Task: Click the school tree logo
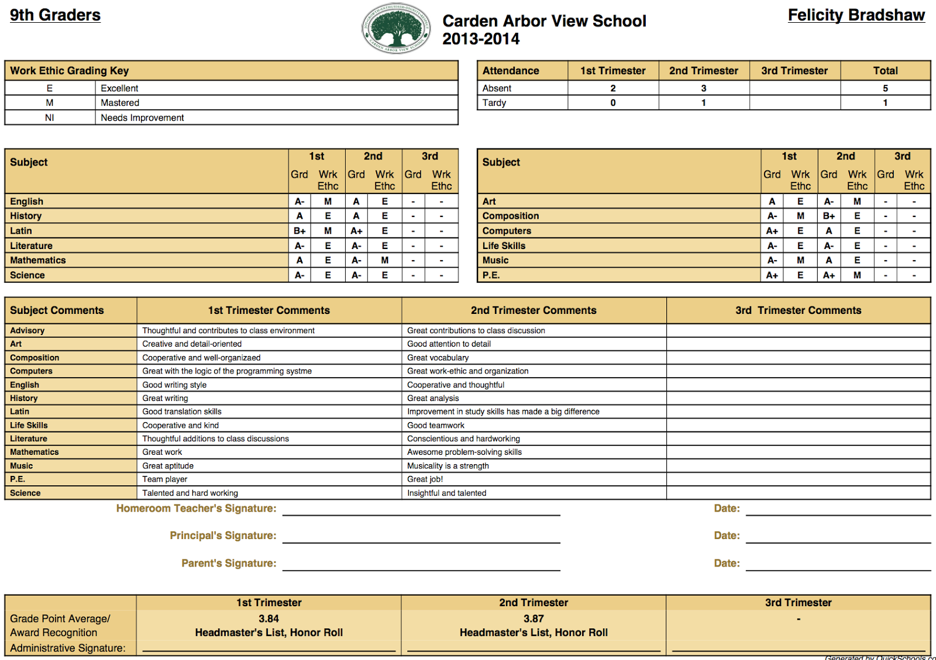coord(397,28)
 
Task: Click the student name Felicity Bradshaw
coord(856,15)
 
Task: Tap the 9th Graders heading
coord(55,15)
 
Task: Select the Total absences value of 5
coord(885,88)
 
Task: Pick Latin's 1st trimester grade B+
coord(300,231)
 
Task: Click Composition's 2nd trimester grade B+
coord(829,216)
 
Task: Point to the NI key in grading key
coord(50,118)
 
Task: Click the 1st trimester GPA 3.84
coord(269,618)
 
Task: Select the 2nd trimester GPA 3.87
coord(534,618)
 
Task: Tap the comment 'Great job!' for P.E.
coord(425,479)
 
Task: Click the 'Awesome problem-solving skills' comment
coord(464,452)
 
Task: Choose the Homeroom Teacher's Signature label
coord(196,509)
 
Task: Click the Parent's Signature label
coord(229,563)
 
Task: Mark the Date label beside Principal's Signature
coord(727,535)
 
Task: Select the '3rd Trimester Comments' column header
coord(798,310)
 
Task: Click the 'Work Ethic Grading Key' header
coord(69,71)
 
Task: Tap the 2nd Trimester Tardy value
coord(703,103)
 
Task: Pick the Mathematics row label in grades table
coord(38,260)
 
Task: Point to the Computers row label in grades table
coord(507,231)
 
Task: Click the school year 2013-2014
coord(481,39)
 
